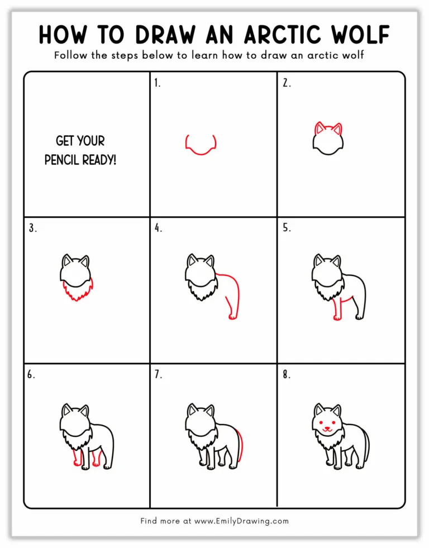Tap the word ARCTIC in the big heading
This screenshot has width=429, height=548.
pyautogui.click(x=272, y=35)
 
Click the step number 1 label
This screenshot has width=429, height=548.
pyautogui.click(x=158, y=83)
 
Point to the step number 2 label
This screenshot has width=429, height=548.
pyautogui.click(x=286, y=83)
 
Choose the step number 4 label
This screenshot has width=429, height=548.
pyautogui.click(x=159, y=228)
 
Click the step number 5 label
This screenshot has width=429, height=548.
pyautogui.click(x=286, y=228)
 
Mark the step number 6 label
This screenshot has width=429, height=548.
pyautogui.click(x=31, y=374)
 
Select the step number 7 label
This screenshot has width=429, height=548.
pyautogui.click(x=158, y=374)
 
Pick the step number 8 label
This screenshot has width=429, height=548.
pyautogui.click(x=286, y=374)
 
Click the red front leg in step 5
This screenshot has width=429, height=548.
pyautogui.click(x=337, y=308)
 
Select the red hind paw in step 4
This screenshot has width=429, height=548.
pyautogui.click(x=232, y=317)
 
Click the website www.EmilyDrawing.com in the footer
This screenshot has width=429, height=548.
pyautogui.click(x=241, y=521)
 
